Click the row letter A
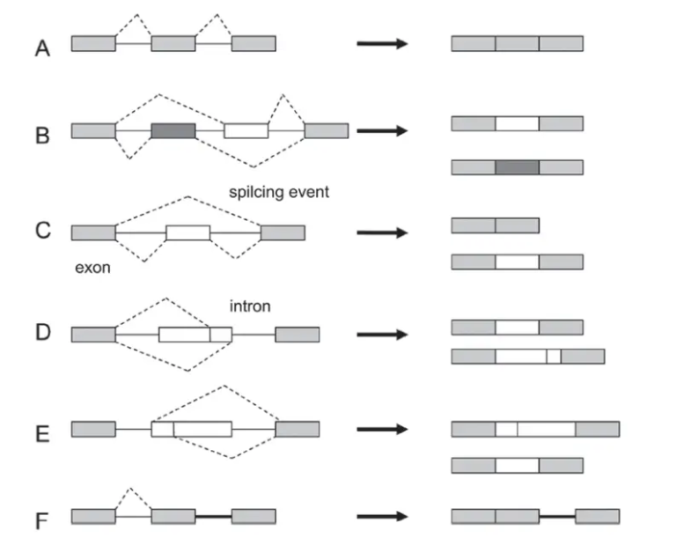[42, 49]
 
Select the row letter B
[42, 136]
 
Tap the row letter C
[42, 232]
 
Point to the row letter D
[42, 335]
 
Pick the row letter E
[42, 434]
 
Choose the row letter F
[41, 521]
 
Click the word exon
[92, 268]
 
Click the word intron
[249, 306]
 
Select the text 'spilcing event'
[277, 191]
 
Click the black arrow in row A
[382, 43]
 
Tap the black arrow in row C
[382, 233]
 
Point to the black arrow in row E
[382, 430]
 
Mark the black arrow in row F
[382, 517]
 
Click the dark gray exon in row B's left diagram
[173, 130]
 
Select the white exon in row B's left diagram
[246, 130]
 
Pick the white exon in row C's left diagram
[187, 232]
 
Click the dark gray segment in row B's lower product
[517, 166]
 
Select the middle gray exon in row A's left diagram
[173, 43]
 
